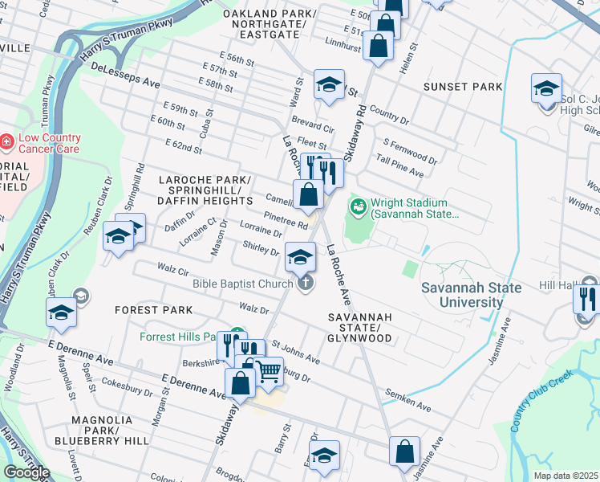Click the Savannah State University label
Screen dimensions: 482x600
pyautogui.click(x=472, y=295)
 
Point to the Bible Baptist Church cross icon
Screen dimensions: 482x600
pyautogui.click(x=306, y=282)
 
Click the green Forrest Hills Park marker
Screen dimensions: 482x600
pyautogui.click(x=237, y=334)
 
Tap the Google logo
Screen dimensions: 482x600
pyautogui.click(x=26, y=472)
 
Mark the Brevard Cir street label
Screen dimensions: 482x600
pyautogui.click(x=313, y=128)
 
